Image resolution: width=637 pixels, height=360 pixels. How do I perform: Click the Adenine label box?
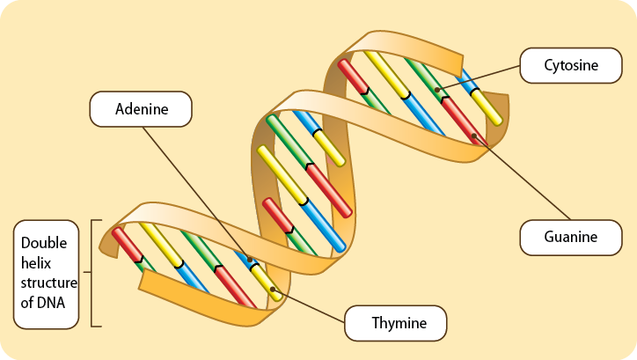pos(141,109)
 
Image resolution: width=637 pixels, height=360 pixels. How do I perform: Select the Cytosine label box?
pos(571,65)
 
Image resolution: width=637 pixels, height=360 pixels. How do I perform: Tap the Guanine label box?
pos(571,236)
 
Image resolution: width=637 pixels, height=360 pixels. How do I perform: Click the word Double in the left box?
pos(44,243)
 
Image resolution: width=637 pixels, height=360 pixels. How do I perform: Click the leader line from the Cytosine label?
pos(480,77)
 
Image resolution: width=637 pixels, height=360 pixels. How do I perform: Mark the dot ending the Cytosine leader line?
pos(437,89)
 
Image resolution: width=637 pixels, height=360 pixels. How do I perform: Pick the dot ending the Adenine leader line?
pos(250,260)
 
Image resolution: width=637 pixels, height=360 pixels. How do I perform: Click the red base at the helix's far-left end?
pos(128,246)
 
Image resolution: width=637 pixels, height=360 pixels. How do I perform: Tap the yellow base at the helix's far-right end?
pos(487,107)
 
